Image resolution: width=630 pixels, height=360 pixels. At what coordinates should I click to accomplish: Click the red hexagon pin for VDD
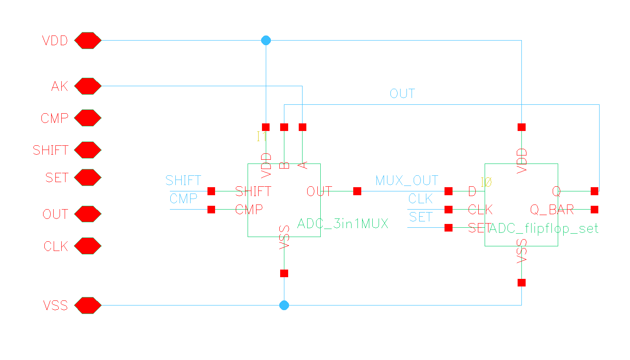point(88,41)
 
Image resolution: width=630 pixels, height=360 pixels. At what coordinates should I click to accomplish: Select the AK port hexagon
point(88,86)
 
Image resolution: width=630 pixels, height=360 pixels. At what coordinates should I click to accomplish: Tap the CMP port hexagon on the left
point(88,118)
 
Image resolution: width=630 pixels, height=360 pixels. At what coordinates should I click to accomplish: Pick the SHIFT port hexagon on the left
point(88,150)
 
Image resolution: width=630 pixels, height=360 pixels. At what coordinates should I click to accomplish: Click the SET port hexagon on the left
point(88,177)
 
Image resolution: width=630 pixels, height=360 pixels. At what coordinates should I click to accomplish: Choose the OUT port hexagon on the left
point(88,214)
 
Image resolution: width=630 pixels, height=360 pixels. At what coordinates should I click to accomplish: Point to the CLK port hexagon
point(88,246)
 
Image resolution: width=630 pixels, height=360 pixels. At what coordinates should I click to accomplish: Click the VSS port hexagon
point(88,305)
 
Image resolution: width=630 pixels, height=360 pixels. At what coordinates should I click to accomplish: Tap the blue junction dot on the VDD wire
point(266,41)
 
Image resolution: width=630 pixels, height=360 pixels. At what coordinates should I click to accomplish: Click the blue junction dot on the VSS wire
point(284,305)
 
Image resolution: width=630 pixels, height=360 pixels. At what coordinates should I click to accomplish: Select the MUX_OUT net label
point(406,181)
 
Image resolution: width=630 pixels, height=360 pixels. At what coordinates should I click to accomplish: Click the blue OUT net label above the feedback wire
point(402,94)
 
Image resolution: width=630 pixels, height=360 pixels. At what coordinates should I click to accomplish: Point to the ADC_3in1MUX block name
point(343,224)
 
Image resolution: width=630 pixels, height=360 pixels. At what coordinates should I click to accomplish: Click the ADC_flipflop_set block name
point(544,229)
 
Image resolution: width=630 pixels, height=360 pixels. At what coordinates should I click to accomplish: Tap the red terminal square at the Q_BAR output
point(595,210)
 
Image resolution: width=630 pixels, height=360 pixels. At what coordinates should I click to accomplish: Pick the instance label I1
point(262,136)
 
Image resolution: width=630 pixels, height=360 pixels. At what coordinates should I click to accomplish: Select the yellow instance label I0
point(486,182)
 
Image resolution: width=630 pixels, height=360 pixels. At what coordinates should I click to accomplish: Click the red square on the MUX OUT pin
point(357,191)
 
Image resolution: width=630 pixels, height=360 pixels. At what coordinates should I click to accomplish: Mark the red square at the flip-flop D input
point(449,191)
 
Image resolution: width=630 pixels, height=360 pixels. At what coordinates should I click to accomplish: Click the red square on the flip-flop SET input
point(449,228)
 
